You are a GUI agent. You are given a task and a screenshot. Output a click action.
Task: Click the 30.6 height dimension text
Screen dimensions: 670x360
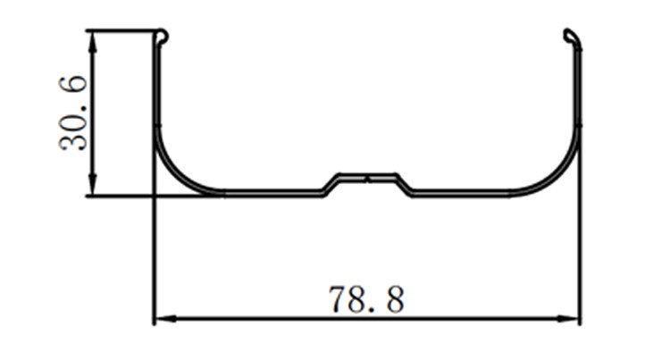(x=73, y=113)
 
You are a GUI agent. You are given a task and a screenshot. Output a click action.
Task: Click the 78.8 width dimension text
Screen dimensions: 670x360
(x=366, y=299)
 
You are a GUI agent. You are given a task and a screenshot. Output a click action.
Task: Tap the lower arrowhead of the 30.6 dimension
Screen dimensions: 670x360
(x=92, y=185)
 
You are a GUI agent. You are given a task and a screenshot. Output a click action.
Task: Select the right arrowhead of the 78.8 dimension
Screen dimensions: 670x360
(x=567, y=319)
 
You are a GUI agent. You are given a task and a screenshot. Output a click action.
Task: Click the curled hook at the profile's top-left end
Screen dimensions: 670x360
(x=163, y=37)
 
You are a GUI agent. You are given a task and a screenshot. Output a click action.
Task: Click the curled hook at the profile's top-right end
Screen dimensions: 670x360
(x=573, y=38)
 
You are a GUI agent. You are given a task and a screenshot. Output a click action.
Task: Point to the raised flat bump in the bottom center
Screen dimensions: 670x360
(x=368, y=176)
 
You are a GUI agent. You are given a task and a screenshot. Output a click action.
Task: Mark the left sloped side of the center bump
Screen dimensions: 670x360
(x=331, y=185)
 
